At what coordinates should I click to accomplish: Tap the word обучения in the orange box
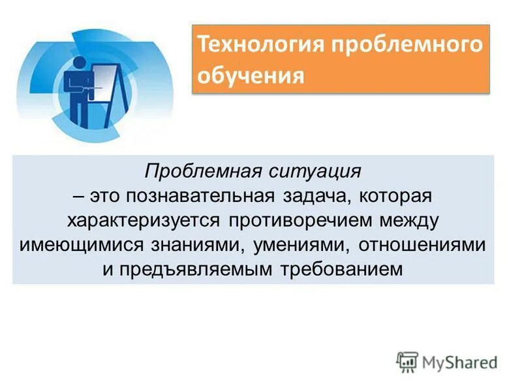click(251, 76)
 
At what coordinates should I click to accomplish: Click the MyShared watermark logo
click(447, 361)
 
